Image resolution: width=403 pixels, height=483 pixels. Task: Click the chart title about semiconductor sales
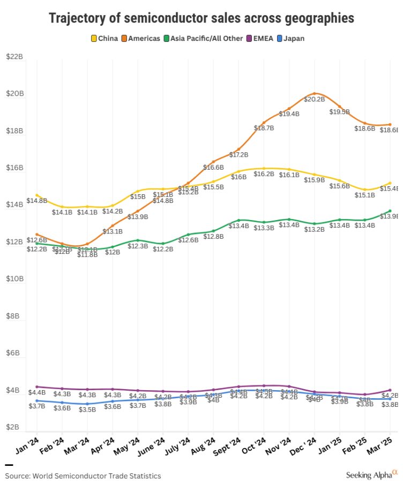coord(202,18)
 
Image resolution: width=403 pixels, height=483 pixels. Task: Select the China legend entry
coord(105,38)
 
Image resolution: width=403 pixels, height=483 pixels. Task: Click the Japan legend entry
coord(294,38)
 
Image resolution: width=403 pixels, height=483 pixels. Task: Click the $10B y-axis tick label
coord(14,279)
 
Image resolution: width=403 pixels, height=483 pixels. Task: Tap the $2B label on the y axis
coord(13,427)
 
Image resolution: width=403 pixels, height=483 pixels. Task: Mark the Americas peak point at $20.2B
coord(315,93)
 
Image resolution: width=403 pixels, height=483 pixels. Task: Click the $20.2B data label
coord(314,99)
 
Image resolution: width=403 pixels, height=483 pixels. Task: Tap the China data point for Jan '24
coord(36,195)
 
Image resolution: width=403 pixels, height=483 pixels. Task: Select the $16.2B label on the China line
coord(264,174)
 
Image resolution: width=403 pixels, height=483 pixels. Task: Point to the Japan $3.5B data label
coord(87,409)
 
